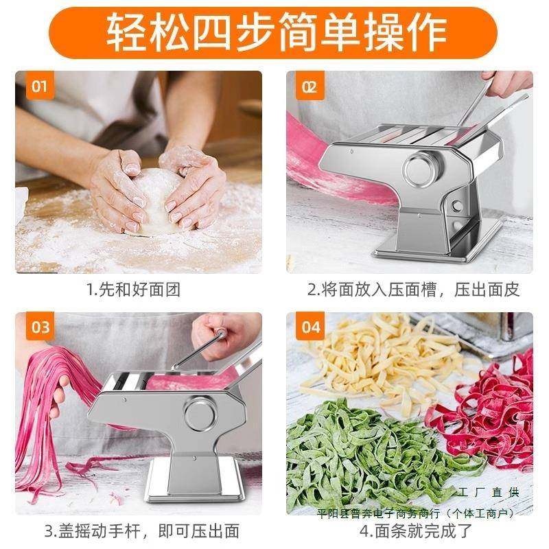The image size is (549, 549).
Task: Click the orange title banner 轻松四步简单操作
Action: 274,31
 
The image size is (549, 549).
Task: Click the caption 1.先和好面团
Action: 134,289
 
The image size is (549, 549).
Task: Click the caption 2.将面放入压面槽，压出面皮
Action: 413,289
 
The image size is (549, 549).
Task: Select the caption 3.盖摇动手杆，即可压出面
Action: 142,530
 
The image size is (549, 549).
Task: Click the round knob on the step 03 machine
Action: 200,413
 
